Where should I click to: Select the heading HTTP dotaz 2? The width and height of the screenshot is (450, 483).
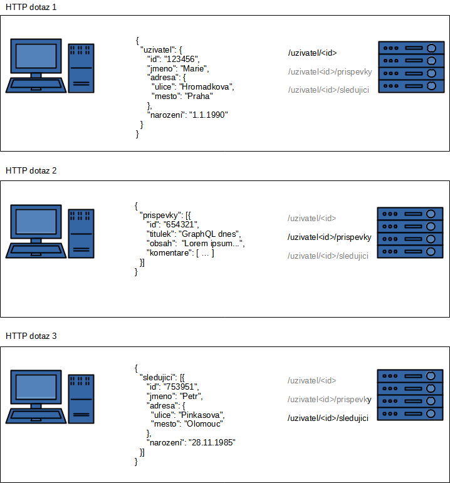[31, 170]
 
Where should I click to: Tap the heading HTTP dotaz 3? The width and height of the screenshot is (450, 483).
[31, 336]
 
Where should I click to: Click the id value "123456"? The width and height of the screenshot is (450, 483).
[184, 59]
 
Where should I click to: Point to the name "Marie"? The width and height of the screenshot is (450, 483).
[194, 68]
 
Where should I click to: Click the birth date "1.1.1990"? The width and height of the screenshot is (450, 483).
[209, 115]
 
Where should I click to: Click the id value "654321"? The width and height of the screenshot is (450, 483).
[182, 224]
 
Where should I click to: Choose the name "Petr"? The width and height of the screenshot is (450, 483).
[192, 397]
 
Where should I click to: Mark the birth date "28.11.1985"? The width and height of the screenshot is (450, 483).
[212, 442]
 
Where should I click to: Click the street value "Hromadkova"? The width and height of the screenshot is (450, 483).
[206, 87]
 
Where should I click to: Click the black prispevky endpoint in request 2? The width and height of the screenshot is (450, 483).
[329, 237]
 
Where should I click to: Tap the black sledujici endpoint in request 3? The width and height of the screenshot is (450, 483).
[328, 418]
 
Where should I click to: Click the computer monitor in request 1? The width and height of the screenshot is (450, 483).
[36, 59]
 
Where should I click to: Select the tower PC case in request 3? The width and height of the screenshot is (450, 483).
[81, 397]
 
